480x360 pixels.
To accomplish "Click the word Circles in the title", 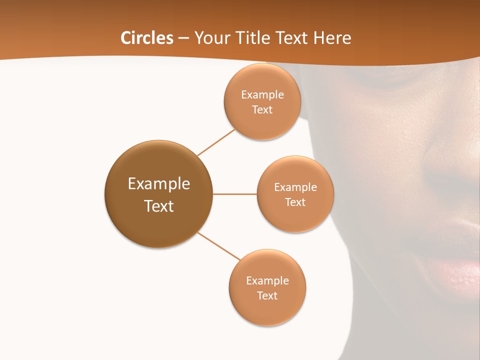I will (x=146, y=38).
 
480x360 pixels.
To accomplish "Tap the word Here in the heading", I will (x=331, y=38).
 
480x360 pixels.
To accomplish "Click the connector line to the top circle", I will (x=216, y=142).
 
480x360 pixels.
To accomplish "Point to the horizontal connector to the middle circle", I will (x=234, y=194).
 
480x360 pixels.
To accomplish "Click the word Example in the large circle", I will (x=158, y=184).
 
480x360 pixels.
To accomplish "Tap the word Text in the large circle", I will (x=158, y=206).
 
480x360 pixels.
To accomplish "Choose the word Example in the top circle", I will (x=262, y=94).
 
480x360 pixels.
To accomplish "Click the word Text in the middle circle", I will (x=295, y=202).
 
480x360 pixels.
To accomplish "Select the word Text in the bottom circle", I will (x=267, y=295).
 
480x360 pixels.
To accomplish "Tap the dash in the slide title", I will (x=183, y=38).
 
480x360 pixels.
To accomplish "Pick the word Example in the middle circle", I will (x=295, y=187).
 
